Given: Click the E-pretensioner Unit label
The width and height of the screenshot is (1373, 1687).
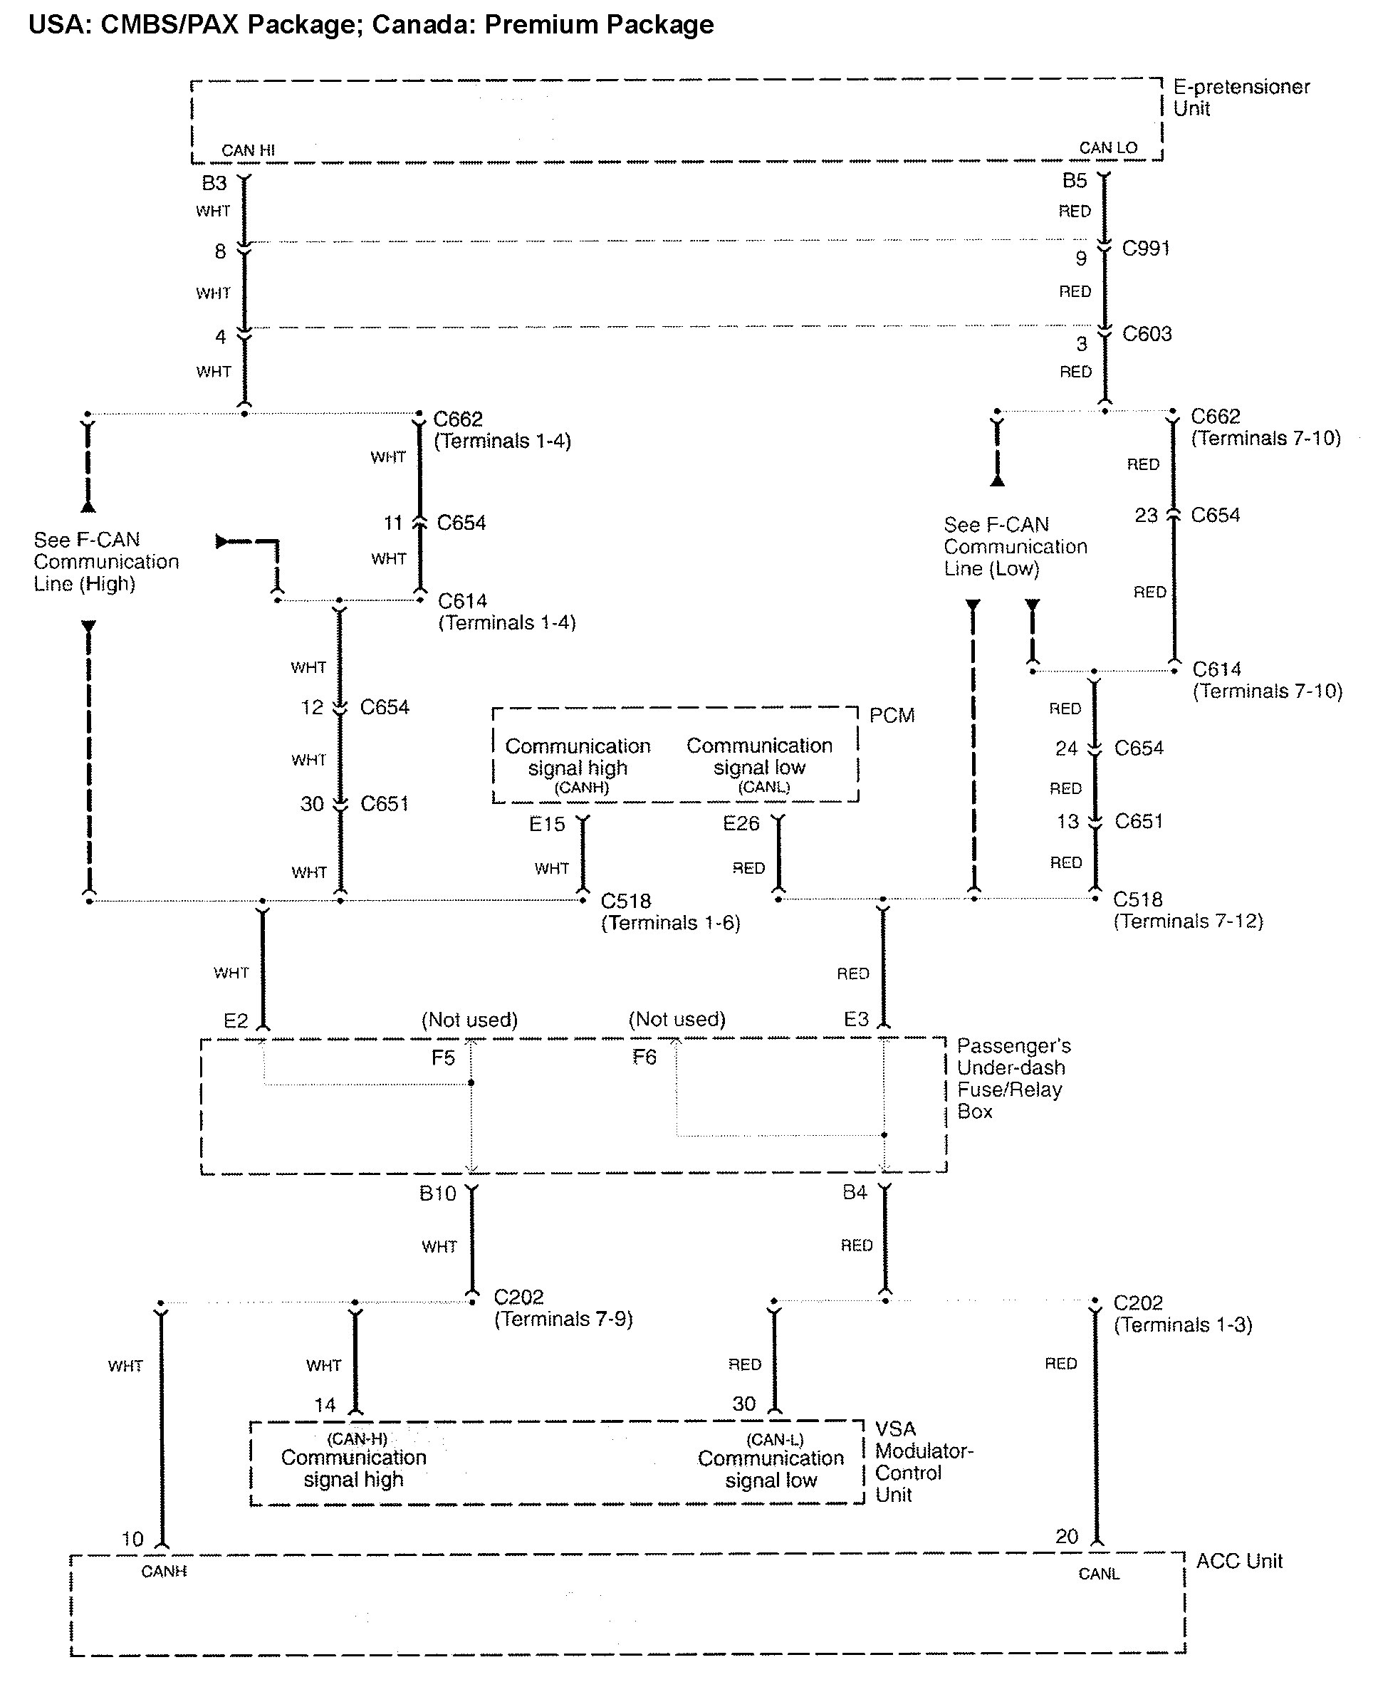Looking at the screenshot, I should [x=1240, y=98].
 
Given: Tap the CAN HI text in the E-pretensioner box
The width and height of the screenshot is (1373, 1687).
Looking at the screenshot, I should [x=248, y=150].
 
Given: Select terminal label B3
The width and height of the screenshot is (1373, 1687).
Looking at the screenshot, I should [x=214, y=184].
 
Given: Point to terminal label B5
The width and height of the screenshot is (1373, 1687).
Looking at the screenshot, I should [x=1074, y=181].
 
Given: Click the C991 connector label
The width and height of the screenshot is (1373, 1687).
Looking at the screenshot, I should [x=1145, y=249].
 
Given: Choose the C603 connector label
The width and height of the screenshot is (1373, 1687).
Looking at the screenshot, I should [x=1146, y=334].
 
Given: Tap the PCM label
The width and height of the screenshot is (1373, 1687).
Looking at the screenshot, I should [x=892, y=715].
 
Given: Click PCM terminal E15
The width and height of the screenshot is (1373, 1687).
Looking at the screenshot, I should [x=546, y=824].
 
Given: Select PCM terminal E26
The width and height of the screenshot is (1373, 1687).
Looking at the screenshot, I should [x=741, y=823].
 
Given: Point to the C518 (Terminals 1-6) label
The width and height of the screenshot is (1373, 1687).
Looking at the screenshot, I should [x=670, y=912].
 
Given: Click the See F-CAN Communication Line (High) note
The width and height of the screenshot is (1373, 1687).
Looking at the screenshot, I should [x=106, y=562].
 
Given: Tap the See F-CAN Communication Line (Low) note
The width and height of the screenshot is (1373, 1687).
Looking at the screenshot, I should [x=1015, y=546].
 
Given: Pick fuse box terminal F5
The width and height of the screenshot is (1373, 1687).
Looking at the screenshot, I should [x=443, y=1057].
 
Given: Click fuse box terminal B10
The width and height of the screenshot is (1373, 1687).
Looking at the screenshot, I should [x=437, y=1194].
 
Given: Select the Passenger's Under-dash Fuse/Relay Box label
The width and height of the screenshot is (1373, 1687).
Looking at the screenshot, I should [x=1013, y=1078].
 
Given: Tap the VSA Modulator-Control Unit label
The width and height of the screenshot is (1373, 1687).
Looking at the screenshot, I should [x=923, y=1461].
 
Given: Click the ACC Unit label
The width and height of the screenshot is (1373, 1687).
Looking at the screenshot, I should [x=1238, y=1560].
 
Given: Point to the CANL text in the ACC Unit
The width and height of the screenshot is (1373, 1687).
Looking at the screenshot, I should [x=1099, y=1574].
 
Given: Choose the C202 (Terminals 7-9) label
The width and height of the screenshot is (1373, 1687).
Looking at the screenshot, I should [x=563, y=1308].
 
